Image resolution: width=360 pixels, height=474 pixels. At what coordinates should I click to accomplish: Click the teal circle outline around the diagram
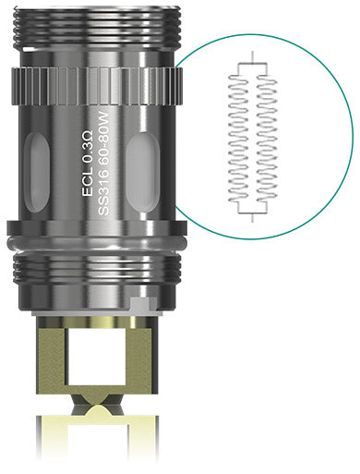coord(353,139)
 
